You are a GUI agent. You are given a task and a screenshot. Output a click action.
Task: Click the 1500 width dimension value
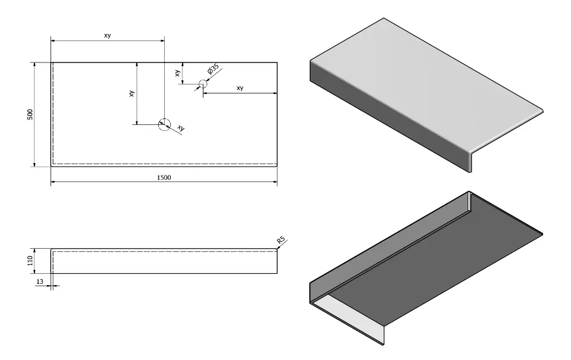(x=164, y=177)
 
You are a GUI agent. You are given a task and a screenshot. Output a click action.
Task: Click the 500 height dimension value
(x=30, y=114)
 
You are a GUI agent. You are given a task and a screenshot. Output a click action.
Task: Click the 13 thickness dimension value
(x=39, y=280)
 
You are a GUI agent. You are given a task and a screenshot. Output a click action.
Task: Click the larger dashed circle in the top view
(x=164, y=124)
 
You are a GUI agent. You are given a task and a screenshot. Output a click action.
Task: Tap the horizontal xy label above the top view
(x=108, y=35)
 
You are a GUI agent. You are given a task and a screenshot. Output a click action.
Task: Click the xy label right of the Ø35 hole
(x=240, y=87)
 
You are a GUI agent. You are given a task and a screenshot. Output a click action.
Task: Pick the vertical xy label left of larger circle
(x=131, y=93)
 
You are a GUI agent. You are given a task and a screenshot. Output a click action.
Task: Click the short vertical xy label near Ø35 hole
(x=177, y=73)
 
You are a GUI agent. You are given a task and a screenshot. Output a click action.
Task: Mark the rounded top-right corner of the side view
(x=277, y=250)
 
